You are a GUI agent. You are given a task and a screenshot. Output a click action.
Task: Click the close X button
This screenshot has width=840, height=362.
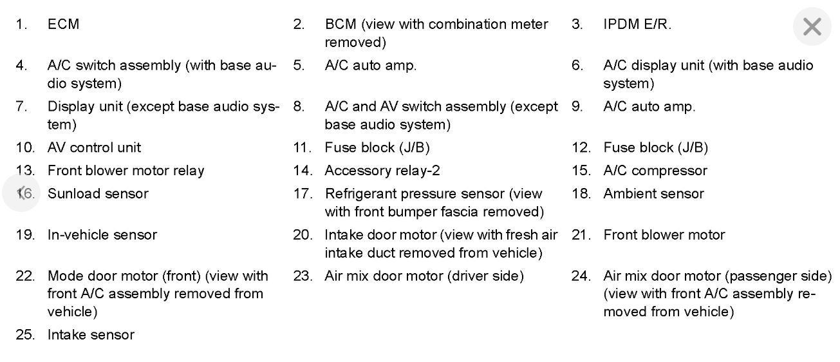[x=812, y=27]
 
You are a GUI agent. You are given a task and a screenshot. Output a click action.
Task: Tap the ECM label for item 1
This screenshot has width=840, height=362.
[x=63, y=24]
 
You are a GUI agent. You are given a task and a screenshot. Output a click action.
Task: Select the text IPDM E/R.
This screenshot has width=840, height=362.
[x=637, y=24]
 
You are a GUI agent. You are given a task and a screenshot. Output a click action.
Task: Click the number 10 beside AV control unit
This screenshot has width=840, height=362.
[x=25, y=148]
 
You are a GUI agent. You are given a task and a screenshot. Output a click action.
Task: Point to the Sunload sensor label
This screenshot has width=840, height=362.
[x=98, y=194]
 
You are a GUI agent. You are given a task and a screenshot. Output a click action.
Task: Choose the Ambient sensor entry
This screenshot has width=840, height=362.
[x=653, y=194]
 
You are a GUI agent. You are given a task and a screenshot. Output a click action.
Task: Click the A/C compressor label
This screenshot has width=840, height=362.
[x=655, y=171]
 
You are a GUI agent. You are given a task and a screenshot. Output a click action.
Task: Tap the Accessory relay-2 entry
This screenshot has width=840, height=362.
[x=382, y=171]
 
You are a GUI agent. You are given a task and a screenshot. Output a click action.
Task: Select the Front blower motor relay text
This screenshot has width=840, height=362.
[x=126, y=171]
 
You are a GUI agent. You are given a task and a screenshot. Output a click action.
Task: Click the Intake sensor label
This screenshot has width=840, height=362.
[x=91, y=335]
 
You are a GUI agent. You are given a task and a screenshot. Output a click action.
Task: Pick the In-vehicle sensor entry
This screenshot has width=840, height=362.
[x=102, y=235]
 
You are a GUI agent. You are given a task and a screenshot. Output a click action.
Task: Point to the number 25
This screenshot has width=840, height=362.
[x=25, y=335]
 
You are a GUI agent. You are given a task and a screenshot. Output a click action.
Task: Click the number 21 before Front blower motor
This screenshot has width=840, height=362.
[x=581, y=235]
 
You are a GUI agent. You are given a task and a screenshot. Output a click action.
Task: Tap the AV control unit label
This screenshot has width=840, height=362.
[x=94, y=148]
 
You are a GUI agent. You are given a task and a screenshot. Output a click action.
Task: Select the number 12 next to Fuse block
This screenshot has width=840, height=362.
[x=581, y=148]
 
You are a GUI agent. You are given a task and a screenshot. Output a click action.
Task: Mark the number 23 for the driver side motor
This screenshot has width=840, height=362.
[x=303, y=276]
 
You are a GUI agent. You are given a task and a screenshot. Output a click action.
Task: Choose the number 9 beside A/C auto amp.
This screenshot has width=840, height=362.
[x=577, y=107]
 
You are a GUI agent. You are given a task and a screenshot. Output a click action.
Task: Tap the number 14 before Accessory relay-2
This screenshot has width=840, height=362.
[x=303, y=171]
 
